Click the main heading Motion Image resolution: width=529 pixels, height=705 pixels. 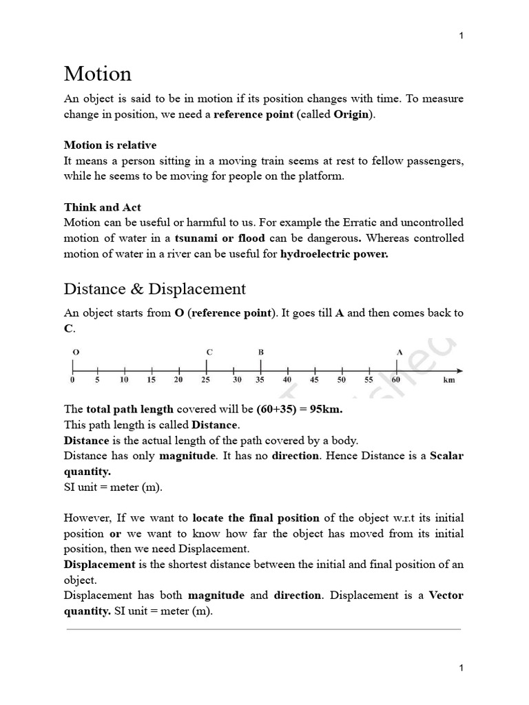click(x=97, y=74)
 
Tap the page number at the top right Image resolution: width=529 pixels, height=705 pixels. click(x=461, y=36)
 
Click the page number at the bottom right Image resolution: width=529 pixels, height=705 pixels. click(x=461, y=668)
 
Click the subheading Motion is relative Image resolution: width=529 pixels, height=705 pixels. click(x=110, y=145)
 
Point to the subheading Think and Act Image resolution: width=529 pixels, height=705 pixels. click(x=103, y=207)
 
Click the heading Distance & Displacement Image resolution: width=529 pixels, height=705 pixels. click(x=155, y=288)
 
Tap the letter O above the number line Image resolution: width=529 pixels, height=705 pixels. click(x=75, y=352)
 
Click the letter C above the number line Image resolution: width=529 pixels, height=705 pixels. click(x=209, y=352)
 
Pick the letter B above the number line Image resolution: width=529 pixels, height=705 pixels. click(x=261, y=352)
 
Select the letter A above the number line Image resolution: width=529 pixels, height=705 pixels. click(x=399, y=352)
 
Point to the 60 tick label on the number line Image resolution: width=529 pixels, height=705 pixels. click(x=396, y=379)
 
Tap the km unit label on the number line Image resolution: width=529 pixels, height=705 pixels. click(x=449, y=379)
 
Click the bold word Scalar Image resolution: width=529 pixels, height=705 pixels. click(x=447, y=456)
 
